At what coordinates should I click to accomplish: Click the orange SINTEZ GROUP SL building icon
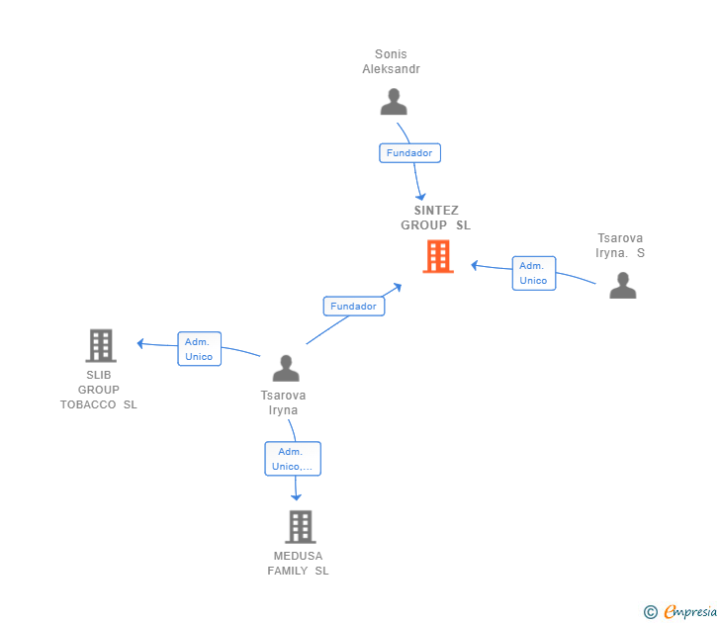click(x=437, y=257)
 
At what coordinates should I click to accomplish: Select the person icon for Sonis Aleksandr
click(x=394, y=102)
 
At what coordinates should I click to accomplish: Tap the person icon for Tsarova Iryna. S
click(x=622, y=285)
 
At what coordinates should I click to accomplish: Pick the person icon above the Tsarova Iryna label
click(x=286, y=368)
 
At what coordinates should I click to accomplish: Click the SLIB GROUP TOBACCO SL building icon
click(x=100, y=346)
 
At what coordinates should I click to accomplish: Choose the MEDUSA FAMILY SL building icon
click(x=300, y=527)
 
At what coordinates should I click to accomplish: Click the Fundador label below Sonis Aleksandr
click(x=409, y=153)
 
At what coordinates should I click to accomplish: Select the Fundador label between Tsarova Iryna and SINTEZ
click(x=353, y=307)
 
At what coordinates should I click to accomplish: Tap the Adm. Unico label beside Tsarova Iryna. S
click(x=533, y=273)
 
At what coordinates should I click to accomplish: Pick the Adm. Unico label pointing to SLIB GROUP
click(x=199, y=349)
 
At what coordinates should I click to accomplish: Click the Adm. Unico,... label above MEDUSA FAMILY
click(x=293, y=459)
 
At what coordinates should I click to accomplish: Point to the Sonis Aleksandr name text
click(x=392, y=61)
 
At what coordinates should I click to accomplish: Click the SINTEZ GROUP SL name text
click(x=436, y=218)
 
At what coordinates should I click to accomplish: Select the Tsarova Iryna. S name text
click(x=620, y=245)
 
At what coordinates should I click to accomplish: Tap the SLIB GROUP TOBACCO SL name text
click(x=99, y=390)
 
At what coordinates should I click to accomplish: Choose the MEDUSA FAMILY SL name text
click(x=298, y=564)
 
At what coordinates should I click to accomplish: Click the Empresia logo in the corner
click(x=690, y=612)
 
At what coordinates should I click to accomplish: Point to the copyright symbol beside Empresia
click(x=650, y=612)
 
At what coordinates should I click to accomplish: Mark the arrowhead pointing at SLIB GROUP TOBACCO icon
click(x=140, y=343)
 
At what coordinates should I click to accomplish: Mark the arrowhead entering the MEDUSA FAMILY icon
click(x=296, y=496)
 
